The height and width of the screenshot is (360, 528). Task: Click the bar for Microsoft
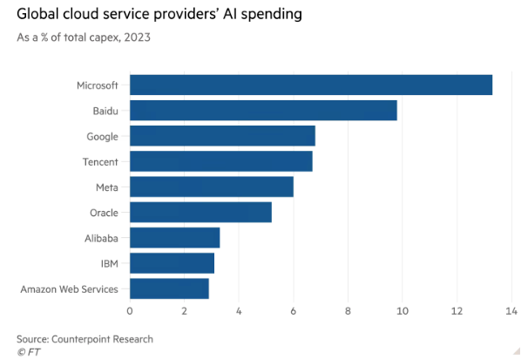[x=311, y=85]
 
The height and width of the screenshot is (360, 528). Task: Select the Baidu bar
[x=263, y=111]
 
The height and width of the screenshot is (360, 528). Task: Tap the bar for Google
[x=222, y=136]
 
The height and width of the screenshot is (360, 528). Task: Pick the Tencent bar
[x=220, y=161]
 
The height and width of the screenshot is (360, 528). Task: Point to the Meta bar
[x=212, y=187]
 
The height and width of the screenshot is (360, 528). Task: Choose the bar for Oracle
[x=200, y=212]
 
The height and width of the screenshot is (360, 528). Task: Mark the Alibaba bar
[x=174, y=237]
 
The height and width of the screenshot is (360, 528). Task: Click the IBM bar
[x=172, y=262]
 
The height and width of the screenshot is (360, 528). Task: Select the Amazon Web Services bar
[x=169, y=288]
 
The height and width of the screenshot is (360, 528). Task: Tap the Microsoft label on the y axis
[x=98, y=85]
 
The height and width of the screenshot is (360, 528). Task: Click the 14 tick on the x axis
[x=511, y=310]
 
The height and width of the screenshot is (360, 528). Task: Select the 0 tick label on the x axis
[x=130, y=310]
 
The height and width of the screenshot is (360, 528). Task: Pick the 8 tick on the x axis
[x=348, y=310]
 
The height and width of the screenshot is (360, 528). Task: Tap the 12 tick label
[x=456, y=310]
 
